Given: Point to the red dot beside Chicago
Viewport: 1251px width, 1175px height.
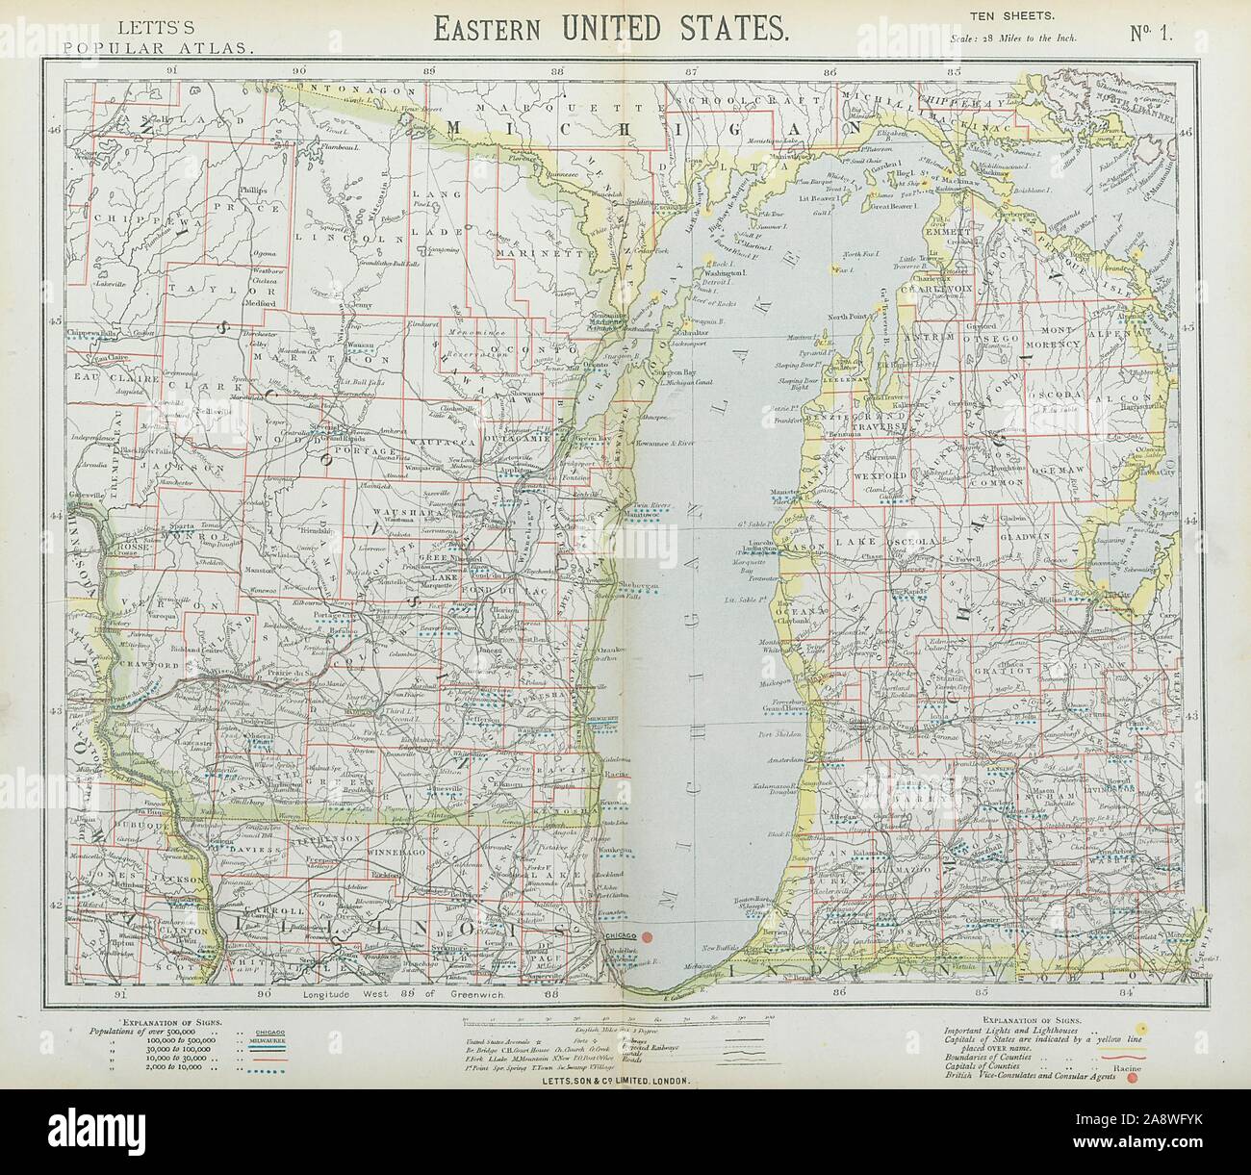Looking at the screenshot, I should (648, 936).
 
